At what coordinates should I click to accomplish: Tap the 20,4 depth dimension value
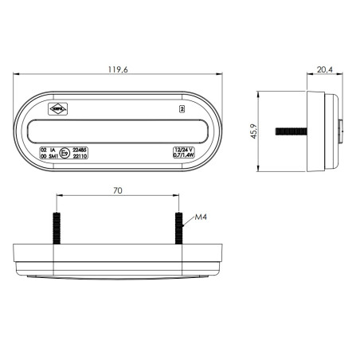point(324,70)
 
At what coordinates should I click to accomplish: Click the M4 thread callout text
point(200,217)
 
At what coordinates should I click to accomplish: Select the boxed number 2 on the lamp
point(182,106)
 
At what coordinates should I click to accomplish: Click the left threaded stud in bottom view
point(57,229)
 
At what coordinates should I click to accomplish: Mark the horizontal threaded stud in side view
point(294,128)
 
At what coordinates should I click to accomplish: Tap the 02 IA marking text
point(47,148)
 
